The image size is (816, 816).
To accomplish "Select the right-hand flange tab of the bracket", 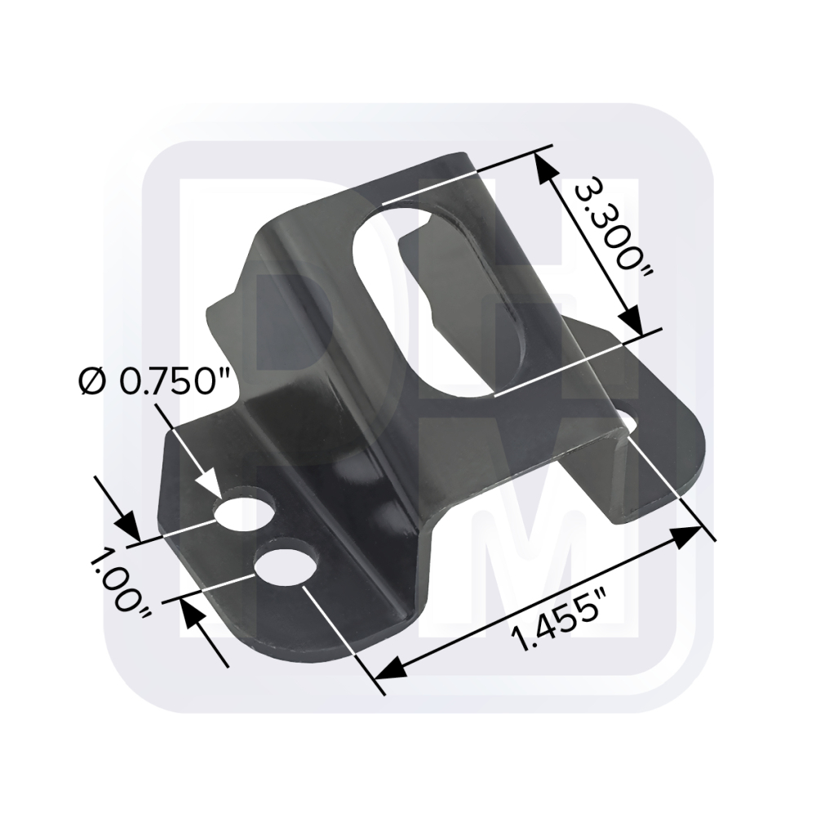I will point(653,457).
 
